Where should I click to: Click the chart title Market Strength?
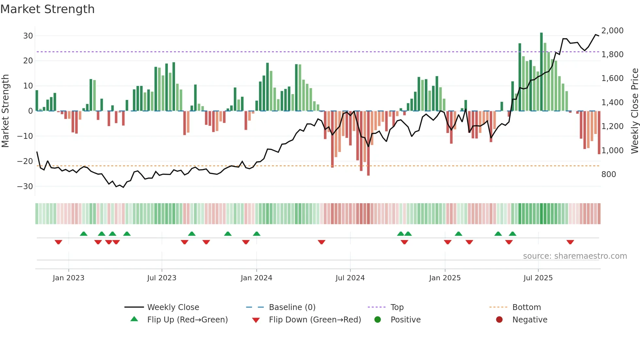pos(47,9)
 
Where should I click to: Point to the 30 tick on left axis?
pos(28,36)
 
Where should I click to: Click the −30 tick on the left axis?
pos(25,186)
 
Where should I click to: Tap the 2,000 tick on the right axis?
pos(612,31)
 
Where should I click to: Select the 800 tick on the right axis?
pos(609,174)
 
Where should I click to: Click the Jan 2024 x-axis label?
pos(256,278)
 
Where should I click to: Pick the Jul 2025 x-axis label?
pos(538,278)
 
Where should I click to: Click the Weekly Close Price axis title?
pos(634,111)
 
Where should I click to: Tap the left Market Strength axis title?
pos(5,111)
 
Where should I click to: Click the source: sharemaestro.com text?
pos(575,256)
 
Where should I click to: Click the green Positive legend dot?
pos(378,320)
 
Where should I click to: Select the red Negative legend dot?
pos(499,320)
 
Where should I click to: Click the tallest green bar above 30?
pos(541,72)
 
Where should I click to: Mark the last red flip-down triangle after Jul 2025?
pos(570,242)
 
